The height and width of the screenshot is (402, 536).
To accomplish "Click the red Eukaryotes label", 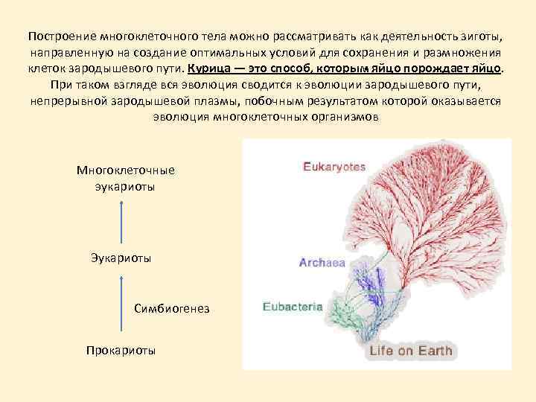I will click(x=334, y=167).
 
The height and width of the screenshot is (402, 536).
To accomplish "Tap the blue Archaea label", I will click(x=322, y=262).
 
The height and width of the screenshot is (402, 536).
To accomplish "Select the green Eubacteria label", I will click(x=292, y=305).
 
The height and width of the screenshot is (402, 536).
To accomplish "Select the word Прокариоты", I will click(x=121, y=349).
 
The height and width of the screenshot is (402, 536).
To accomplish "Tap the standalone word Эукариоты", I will click(x=121, y=258).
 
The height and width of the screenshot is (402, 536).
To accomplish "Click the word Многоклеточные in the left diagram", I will click(x=126, y=170).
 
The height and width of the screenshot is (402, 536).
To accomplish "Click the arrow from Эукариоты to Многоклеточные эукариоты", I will click(x=119, y=221).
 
